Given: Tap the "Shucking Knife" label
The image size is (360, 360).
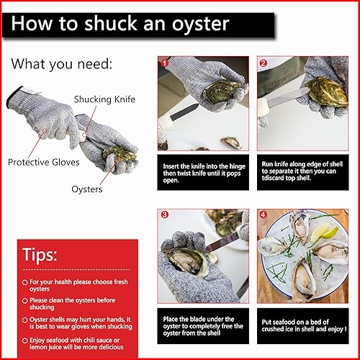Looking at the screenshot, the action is [104, 99].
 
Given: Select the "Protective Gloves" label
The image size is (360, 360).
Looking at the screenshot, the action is [44, 162].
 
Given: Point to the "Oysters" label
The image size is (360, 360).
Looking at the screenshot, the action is [87, 189].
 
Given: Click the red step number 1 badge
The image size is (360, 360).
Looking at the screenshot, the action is [164, 63].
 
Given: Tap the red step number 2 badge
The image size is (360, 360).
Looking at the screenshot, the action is [264, 63].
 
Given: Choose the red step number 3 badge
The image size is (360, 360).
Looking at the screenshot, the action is [165, 215].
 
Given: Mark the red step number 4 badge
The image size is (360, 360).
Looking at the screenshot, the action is [264, 215].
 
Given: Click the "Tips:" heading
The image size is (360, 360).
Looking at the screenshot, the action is [40, 255].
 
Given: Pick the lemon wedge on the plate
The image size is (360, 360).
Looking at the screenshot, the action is [325, 232].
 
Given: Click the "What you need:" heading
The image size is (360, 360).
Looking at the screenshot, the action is [62, 64].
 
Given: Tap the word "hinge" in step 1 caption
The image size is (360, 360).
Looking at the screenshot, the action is [237, 166].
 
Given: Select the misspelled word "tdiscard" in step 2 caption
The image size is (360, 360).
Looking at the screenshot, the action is [272, 178].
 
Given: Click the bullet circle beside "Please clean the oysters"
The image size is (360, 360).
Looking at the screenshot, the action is [24, 301].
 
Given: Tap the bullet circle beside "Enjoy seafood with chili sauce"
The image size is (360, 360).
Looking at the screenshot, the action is [24, 341].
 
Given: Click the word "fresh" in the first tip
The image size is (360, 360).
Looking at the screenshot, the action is [118, 282].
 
